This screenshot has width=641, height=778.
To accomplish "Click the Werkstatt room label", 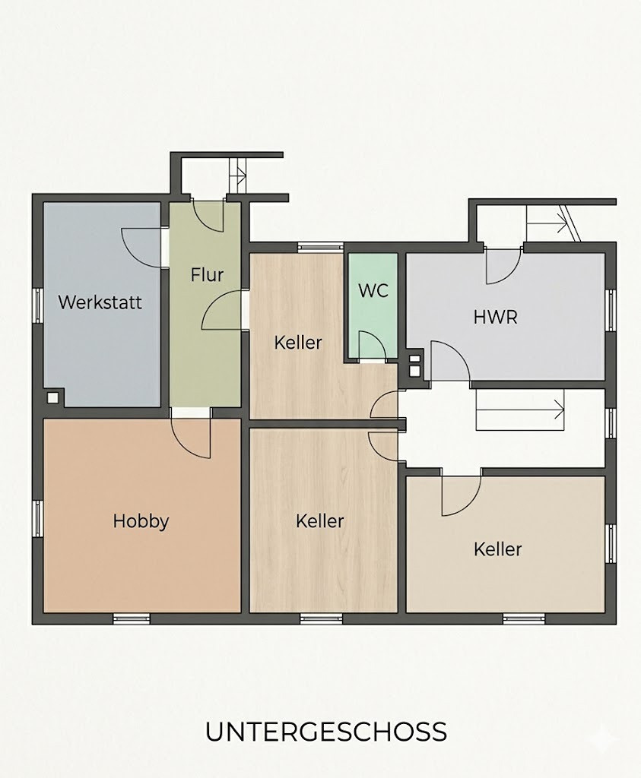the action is coord(100,302).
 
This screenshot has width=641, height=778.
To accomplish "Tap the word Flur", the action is coord(207,275).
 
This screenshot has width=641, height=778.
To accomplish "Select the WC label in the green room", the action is coord(373,291).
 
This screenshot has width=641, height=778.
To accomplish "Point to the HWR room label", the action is coord(495,317).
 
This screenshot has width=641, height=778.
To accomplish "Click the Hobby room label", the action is coord(141,521).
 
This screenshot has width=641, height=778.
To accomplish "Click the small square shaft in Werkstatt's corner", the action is coord(53,397).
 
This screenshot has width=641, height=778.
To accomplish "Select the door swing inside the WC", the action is coord(372,345).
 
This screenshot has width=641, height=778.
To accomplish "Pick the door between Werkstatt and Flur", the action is coord(142,248).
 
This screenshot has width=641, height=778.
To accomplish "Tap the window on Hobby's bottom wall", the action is coord(132,618).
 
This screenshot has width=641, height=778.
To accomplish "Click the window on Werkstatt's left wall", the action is coord(37,305).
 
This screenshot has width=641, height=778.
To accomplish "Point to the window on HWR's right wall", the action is coord(611,310).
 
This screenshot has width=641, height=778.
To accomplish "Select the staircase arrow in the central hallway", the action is coord(520,411).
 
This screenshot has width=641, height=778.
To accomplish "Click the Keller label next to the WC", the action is coord(298,343).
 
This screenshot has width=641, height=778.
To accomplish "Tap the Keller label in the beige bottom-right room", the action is coord(497,550).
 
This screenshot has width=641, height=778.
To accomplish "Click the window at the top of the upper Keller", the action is coord(320,247).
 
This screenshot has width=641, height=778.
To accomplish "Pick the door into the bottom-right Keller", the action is coord(461,496).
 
